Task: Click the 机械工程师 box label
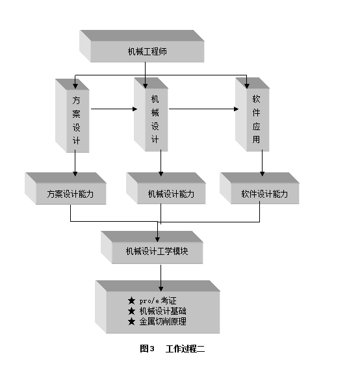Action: point(147,51)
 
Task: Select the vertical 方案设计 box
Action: point(72,116)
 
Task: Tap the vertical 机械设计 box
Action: point(151,114)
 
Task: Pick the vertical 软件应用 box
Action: point(252,114)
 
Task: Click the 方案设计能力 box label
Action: point(70,194)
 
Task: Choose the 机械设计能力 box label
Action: point(171,194)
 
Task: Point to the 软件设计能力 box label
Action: point(264,194)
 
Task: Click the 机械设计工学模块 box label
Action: point(157,251)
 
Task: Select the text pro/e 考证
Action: point(158,301)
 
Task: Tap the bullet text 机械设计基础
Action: point(163,311)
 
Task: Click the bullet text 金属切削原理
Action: point(163,321)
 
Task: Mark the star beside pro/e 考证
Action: point(131,301)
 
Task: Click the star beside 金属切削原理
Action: point(131,321)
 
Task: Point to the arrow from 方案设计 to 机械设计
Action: point(114,109)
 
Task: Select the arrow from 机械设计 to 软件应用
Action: point(203,109)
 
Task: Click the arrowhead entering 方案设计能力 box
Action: point(75,174)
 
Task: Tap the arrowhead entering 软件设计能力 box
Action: point(262,174)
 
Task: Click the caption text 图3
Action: point(147,349)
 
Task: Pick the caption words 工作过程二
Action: point(185,349)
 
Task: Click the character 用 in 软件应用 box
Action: point(256,139)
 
